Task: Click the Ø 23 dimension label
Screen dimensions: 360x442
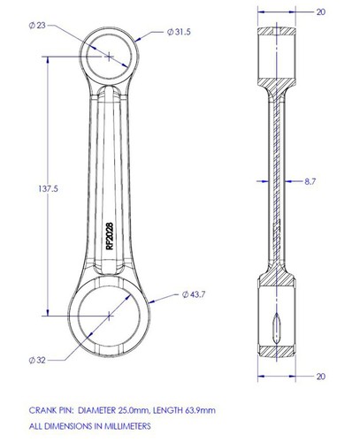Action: point(37,26)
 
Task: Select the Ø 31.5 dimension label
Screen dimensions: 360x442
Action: point(179,32)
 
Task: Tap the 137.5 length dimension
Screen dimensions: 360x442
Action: point(48,188)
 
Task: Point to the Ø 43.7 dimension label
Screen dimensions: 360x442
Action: point(194,294)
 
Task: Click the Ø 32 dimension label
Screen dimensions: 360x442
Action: point(37,360)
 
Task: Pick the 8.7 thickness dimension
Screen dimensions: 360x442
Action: point(310,181)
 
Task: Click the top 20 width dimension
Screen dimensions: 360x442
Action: point(321,12)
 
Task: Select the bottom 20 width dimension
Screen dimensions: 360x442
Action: point(321,377)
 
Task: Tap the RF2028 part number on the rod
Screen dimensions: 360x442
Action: point(110,236)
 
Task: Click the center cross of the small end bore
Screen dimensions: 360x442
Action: point(109,56)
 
